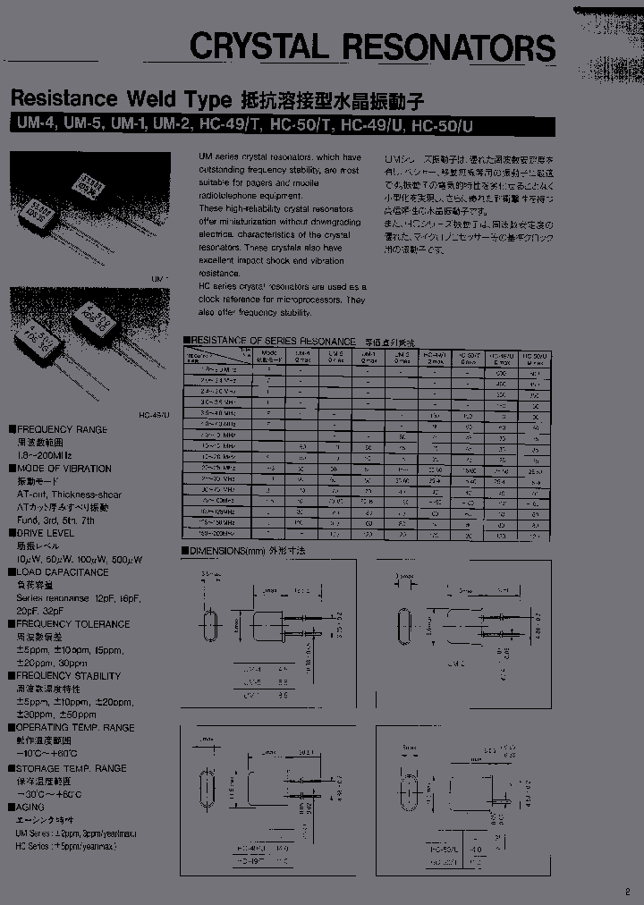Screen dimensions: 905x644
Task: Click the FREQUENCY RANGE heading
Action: pos(62,430)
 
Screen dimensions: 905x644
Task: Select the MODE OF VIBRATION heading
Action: pos(64,469)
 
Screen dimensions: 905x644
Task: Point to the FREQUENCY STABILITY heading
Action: pos(68,676)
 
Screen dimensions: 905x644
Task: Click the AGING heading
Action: pos(30,807)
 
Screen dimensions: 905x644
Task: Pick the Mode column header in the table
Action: pos(268,354)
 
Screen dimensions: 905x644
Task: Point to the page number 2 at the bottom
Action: pos(627,891)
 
